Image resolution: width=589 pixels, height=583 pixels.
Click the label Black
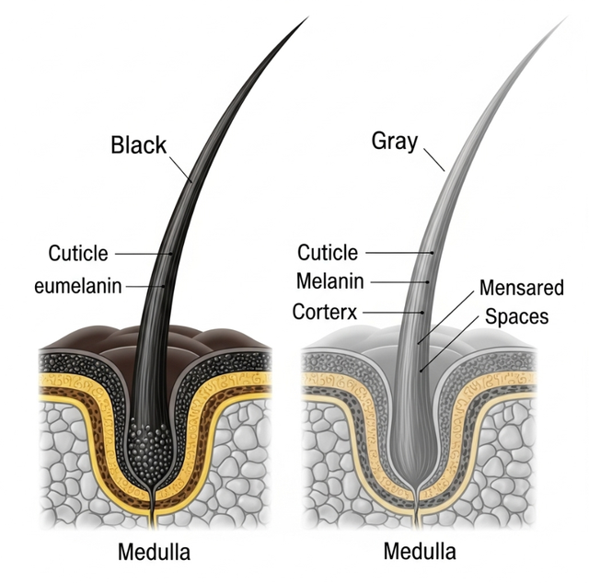139,145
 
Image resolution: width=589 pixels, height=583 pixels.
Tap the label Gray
395,142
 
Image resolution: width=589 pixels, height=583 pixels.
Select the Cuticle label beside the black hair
78,253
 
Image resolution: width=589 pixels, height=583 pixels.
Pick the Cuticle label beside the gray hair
328,252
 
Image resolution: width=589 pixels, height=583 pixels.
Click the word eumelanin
78,286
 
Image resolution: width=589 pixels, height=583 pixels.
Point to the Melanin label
330,281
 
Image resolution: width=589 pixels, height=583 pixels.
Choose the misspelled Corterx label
325,312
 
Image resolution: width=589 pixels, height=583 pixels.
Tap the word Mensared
522,288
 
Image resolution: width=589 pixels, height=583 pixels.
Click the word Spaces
517,316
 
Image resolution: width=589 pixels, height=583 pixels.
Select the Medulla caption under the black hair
154,553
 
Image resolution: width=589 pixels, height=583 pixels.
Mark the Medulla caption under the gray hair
420,552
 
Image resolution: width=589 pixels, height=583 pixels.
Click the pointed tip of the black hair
308,17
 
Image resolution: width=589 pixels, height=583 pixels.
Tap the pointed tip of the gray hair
566,17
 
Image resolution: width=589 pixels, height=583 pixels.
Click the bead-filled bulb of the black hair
150,452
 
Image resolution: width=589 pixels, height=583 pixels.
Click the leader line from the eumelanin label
145,286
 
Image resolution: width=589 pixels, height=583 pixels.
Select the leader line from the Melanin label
399,282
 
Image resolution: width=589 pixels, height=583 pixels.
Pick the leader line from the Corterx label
393,313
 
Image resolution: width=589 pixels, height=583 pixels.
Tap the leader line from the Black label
180,169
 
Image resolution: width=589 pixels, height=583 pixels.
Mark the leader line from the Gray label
434,160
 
